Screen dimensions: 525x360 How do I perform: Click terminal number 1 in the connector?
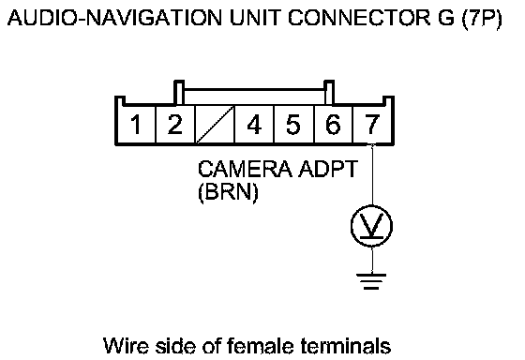point(136,125)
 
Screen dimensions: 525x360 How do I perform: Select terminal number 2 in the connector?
point(175,125)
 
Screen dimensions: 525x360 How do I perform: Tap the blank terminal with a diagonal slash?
point(215,125)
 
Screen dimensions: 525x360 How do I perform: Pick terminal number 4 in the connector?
point(254,125)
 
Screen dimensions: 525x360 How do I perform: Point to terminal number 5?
point(293,125)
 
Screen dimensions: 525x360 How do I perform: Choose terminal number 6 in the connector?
point(333,125)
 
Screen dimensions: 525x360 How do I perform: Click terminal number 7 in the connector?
point(372,125)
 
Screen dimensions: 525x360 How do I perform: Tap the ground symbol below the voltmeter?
point(371,281)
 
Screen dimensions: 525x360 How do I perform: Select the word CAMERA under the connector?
point(245,169)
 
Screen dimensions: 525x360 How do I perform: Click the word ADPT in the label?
point(328,169)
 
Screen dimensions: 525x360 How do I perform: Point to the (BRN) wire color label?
point(229,192)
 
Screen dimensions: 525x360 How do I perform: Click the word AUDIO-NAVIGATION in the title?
point(114,18)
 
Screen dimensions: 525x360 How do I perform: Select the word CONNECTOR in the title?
point(359,18)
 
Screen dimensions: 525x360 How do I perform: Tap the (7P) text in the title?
point(482,19)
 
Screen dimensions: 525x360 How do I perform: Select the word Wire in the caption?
point(126,346)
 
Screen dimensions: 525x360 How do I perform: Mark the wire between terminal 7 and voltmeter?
point(372,174)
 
